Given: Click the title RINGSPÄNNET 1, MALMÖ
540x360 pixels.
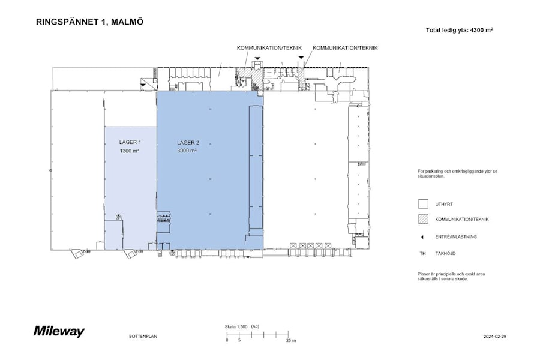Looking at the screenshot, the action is point(89,22).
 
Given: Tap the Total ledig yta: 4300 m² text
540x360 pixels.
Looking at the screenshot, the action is point(460,30).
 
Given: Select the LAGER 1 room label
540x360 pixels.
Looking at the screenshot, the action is point(130,142).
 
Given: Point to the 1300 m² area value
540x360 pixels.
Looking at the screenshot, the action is point(130,151).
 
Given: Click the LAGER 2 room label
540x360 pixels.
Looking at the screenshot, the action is point(188,143).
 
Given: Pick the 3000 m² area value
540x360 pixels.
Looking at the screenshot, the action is point(187,151).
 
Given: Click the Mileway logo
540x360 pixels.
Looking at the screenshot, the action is point(59,331).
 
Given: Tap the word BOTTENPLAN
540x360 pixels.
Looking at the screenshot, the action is point(143,336).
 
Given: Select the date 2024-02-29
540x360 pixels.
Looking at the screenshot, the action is point(495,337).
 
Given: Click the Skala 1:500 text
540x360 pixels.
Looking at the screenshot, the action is point(236,326).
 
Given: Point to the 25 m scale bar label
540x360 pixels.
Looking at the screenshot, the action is point(291,341).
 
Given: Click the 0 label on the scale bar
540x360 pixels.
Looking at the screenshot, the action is point(227,340).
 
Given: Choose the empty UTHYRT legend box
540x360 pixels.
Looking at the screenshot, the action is point(423,204).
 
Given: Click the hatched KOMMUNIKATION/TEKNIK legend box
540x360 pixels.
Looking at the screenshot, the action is point(423,219).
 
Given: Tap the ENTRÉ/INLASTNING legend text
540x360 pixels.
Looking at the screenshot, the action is point(456,237).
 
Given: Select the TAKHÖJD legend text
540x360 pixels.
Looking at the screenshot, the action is point(445,254).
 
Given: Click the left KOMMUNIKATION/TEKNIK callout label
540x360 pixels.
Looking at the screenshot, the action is point(269,48).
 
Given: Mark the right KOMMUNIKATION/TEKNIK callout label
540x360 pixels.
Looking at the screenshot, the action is point(345,48).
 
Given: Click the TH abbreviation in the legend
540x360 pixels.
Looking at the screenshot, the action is point(422,254).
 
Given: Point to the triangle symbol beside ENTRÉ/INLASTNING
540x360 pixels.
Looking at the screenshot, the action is point(422,237).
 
